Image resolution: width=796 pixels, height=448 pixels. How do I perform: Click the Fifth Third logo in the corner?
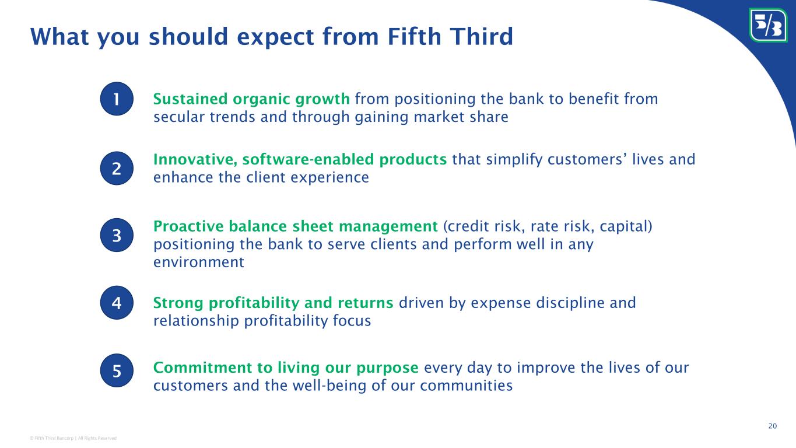768,25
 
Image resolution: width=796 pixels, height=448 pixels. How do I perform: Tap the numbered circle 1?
117,99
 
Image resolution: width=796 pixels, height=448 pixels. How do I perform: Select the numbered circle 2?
117,168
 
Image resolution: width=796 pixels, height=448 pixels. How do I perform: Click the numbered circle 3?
117,235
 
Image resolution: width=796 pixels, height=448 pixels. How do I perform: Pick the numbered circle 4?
117,303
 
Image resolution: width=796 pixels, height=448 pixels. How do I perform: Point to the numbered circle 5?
117,370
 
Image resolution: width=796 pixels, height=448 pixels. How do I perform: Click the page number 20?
773,426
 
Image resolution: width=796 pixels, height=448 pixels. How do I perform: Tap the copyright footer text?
73,438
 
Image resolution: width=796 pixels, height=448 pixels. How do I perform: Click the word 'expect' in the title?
275,37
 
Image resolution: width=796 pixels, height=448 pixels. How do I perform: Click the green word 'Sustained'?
190,99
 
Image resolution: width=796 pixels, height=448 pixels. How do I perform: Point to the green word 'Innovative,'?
195,159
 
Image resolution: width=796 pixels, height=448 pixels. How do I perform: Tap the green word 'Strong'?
178,303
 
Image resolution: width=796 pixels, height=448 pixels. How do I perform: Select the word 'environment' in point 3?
199,262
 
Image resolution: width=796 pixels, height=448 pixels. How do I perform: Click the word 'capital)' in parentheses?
626,226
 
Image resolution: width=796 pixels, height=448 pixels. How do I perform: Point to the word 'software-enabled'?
308,159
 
